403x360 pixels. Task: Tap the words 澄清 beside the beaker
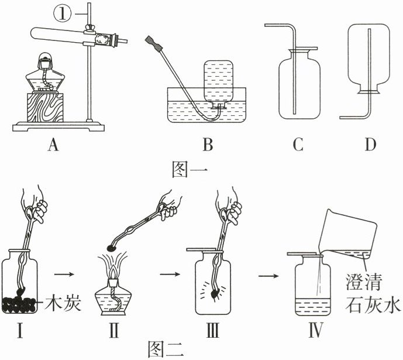[364, 284]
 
